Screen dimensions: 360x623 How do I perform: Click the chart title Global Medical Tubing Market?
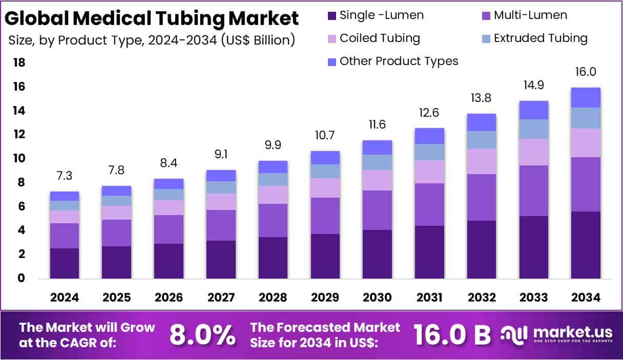[152, 18]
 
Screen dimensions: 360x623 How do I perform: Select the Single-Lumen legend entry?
[375, 15]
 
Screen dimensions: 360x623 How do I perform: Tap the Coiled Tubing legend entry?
[373, 38]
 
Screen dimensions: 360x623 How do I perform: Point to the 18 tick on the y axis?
[19, 63]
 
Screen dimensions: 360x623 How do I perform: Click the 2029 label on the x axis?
[325, 298]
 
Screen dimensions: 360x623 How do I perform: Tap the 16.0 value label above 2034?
[586, 72]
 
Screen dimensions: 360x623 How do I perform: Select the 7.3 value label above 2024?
[65, 176]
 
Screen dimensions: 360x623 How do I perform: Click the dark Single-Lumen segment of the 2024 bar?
[65, 263]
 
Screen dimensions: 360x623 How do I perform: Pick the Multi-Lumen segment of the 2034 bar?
[586, 184]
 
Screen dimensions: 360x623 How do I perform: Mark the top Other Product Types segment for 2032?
[482, 122]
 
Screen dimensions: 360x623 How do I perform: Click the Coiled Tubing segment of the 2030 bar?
[378, 180]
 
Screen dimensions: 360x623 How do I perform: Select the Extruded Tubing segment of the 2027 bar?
[221, 187]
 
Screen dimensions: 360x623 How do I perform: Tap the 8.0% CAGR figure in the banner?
[202, 335]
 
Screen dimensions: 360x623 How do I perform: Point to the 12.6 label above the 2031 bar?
[429, 113]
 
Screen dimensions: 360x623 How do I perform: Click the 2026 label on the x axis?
[169, 298]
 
